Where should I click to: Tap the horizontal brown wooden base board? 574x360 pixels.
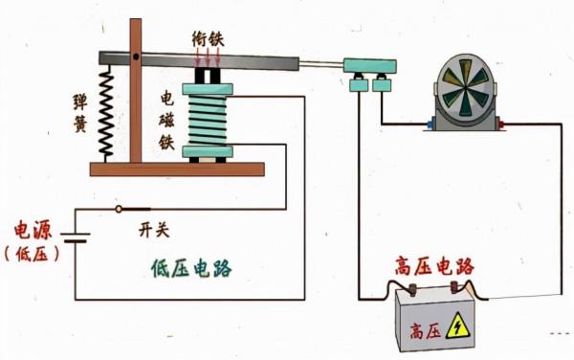[177, 169]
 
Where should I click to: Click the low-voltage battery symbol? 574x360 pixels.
[76, 236]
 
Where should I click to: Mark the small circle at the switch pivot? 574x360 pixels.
[119, 209]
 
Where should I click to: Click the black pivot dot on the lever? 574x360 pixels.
[138, 59]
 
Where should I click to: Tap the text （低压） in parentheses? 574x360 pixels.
[33, 254]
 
